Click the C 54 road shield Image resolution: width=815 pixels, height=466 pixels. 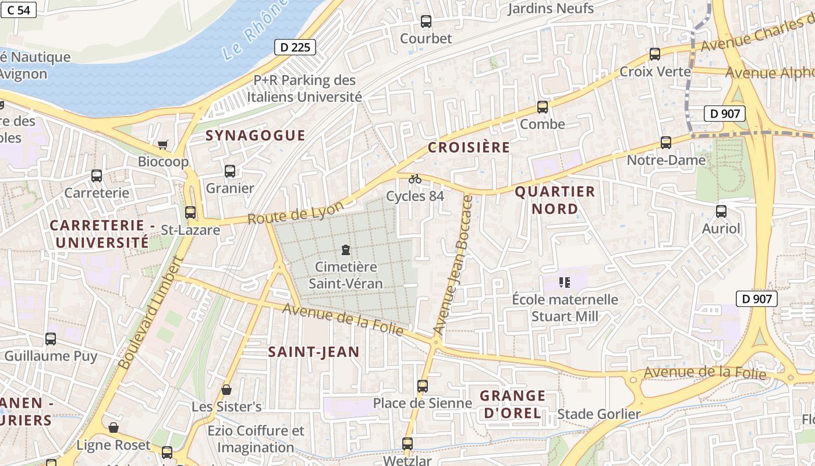19,9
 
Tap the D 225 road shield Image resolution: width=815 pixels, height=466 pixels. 295,47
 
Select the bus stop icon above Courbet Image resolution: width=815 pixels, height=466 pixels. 426,22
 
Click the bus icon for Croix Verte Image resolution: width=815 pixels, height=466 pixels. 655,54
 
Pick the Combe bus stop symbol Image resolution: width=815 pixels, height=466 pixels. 543,107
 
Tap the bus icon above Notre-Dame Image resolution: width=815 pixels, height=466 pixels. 666,143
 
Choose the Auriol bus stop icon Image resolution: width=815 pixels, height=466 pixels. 721,211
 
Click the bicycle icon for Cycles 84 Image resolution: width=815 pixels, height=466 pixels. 415,179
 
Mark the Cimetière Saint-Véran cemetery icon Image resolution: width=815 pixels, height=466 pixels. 346,250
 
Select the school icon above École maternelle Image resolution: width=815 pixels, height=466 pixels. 564,283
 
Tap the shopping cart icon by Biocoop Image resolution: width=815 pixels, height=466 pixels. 163,144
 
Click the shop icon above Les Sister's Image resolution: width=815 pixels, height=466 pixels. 226,389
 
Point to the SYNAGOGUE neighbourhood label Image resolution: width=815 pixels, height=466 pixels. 256,136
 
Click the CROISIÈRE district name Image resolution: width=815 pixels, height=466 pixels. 469,147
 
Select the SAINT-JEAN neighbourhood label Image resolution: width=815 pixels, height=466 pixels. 314,352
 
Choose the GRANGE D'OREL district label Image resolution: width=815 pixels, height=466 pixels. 512,405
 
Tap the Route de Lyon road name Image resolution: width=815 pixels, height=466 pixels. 296,213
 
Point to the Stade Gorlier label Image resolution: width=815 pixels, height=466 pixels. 599,414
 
